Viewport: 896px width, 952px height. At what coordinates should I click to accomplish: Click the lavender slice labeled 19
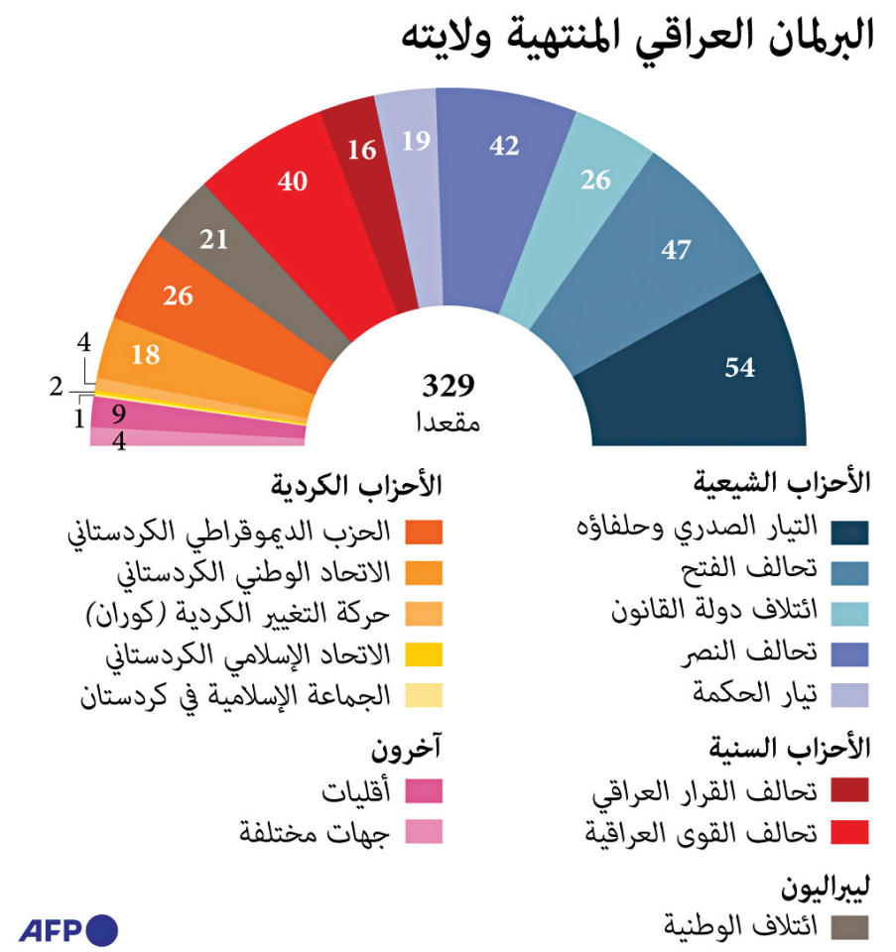coord(416,142)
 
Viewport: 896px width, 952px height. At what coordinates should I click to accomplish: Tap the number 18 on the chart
coord(145,354)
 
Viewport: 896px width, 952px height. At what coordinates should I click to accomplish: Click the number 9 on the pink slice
coord(118,410)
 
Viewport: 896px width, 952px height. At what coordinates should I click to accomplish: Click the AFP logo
coord(68,930)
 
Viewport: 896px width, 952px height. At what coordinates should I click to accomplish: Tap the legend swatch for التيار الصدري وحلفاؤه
coord(849,532)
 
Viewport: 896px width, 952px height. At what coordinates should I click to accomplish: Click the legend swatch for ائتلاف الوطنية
coord(849,927)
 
